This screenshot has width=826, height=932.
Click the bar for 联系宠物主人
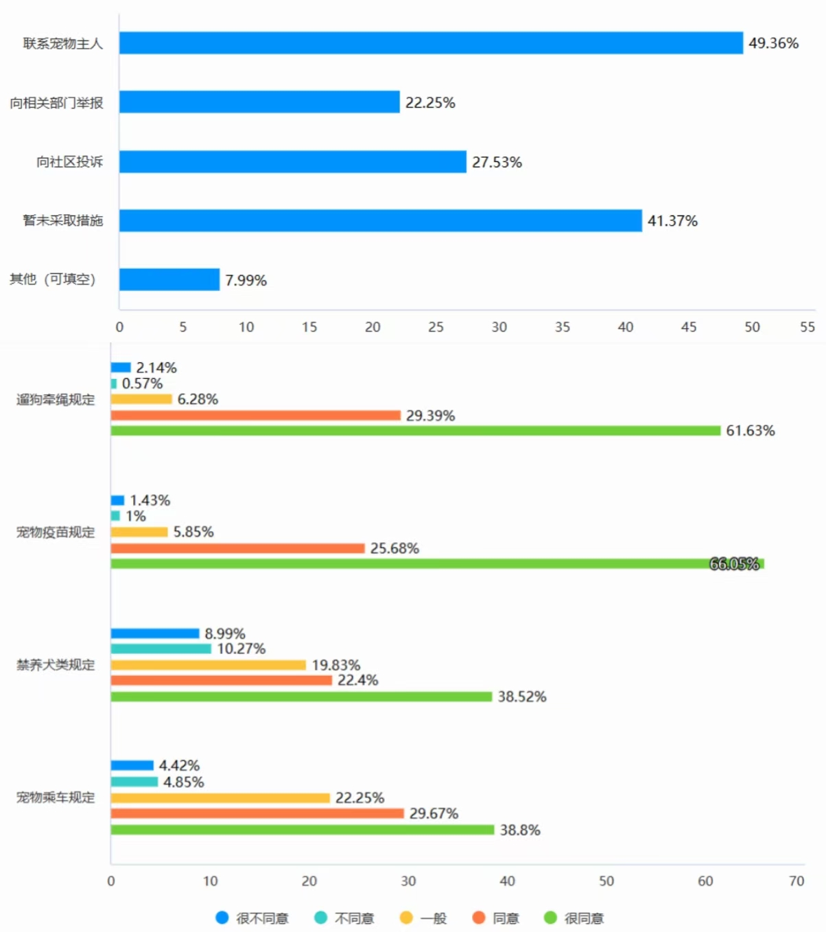pyautogui.click(x=431, y=43)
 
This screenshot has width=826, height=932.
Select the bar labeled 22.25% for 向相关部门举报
pyautogui.click(x=259, y=102)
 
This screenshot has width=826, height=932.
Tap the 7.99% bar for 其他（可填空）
pyautogui.click(x=169, y=279)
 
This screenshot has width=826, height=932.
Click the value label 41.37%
pyautogui.click(x=672, y=221)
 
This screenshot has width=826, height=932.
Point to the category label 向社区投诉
pyautogui.click(x=69, y=162)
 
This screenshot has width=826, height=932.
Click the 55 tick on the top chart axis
pyautogui.click(x=807, y=327)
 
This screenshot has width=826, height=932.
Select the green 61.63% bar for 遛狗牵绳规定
pyautogui.click(x=416, y=431)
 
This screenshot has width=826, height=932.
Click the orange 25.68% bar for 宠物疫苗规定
pyautogui.click(x=237, y=548)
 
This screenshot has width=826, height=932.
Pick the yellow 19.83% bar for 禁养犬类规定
pyautogui.click(x=208, y=665)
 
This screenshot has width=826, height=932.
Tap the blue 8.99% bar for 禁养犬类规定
pyautogui.click(x=155, y=633)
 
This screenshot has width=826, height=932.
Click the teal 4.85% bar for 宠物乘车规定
pyautogui.click(x=134, y=782)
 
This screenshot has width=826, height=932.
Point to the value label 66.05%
pyautogui.click(x=733, y=564)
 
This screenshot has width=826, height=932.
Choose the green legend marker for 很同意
pyautogui.click(x=550, y=918)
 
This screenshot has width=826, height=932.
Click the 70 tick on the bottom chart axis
pyautogui.click(x=796, y=881)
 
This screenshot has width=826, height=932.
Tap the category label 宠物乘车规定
pyautogui.click(x=56, y=797)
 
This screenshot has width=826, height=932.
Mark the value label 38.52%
pyautogui.click(x=521, y=697)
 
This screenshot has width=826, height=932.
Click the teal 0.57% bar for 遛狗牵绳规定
pyautogui.click(x=114, y=384)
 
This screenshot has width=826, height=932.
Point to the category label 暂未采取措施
pyautogui.click(x=62, y=220)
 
